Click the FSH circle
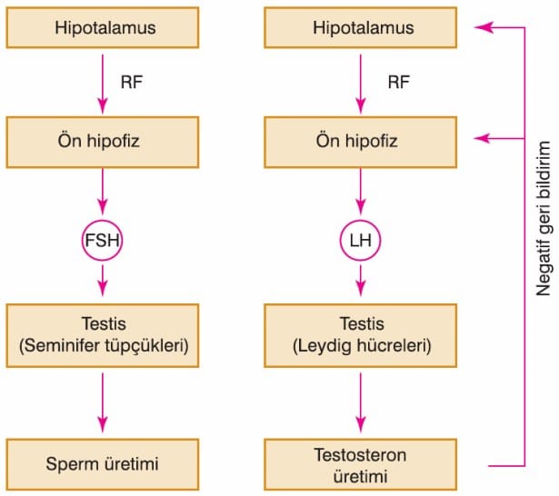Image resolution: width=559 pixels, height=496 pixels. tap(103, 221)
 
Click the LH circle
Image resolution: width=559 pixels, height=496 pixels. tap(361, 221)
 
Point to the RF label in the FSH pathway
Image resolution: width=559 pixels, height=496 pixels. tap(132, 83)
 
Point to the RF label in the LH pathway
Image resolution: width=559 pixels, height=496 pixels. tap(399, 83)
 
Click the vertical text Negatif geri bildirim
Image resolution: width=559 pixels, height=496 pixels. tap(544, 218)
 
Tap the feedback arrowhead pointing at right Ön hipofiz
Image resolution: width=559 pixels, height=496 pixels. tap(482, 138)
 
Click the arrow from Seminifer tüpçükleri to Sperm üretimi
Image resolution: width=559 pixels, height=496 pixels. tap(103, 402)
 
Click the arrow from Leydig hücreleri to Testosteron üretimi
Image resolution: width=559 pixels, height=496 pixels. tap(361, 402)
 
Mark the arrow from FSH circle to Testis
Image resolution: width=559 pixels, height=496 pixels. tap(103, 281)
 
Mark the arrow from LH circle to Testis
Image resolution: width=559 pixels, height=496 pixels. tap(361, 281)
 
